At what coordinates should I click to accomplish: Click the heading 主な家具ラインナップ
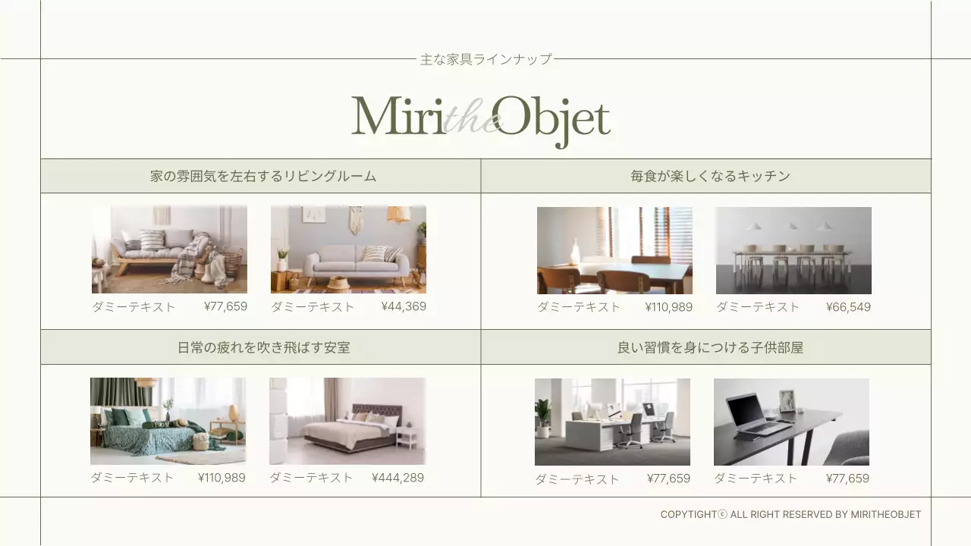click(x=485, y=59)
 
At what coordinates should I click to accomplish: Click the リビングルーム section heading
click(x=263, y=176)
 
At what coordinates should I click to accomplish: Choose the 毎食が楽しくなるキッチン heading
click(x=710, y=176)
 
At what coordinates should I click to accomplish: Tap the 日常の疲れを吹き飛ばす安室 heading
click(x=263, y=347)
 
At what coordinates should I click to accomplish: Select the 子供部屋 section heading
click(x=710, y=347)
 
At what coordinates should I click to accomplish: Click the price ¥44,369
click(x=404, y=306)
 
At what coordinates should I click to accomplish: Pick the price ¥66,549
click(x=848, y=307)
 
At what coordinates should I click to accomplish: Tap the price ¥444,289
click(x=398, y=478)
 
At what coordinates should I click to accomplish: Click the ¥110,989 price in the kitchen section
click(x=668, y=307)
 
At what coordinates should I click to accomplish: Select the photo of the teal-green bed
click(x=168, y=421)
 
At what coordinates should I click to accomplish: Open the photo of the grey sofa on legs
click(x=348, y=249)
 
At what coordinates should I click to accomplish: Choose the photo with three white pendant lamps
click(x=793, y=250)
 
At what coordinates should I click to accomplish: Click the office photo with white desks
click(x=612, y=422)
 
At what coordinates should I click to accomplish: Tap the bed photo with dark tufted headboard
click(x=347, y=421)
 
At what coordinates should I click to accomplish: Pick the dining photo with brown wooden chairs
click(x=614, y=250)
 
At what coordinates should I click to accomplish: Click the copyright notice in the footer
click(x=790, y=514)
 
